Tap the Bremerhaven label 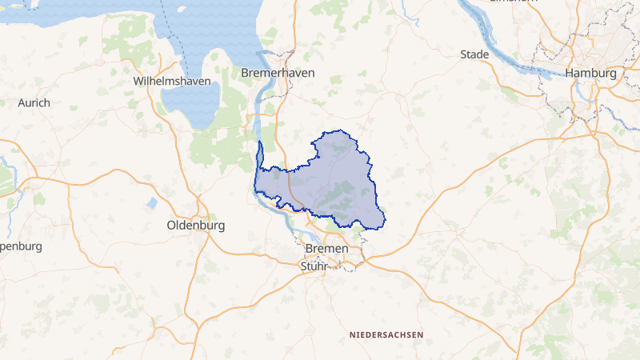click(278, 73)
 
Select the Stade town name click(474, 54)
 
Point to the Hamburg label click(590, 73)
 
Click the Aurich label click(34, 102)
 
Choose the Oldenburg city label click(195, 226)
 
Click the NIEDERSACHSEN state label click(386, 334)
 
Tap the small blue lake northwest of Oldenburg click(152, 203)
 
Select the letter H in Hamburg click(570, 73)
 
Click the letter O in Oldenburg click(171, 226)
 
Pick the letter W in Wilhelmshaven click(138, 82)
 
